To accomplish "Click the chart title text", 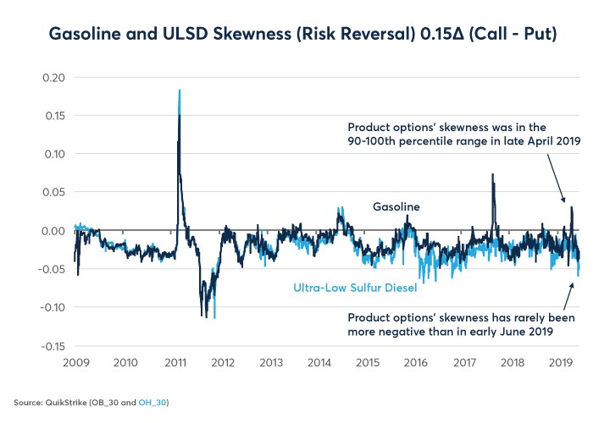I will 304,35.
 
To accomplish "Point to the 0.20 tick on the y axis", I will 53,78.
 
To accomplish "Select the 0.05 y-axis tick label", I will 53,192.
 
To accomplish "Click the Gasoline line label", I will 396,206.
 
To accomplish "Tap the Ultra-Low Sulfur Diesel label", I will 355,288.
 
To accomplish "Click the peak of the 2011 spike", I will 180,90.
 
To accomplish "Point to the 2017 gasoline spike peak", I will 491,175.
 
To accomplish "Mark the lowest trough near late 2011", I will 214,317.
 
